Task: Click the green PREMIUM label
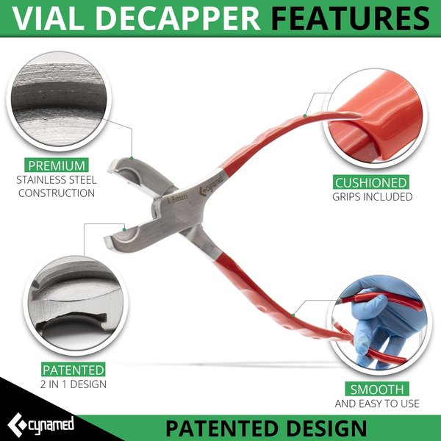pyautogui.click(x=57, y=165)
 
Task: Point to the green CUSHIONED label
pyautogui.click(x=371, y=182)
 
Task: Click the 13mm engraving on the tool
pyautogui.click(x=178, y=199)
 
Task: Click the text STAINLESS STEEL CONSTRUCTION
pyautogui.click(x=57, y=186)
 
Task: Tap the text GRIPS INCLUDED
pyautogui.click(x=371, y=197)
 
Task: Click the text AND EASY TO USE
pyautogui.click(x=377, y=404)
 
